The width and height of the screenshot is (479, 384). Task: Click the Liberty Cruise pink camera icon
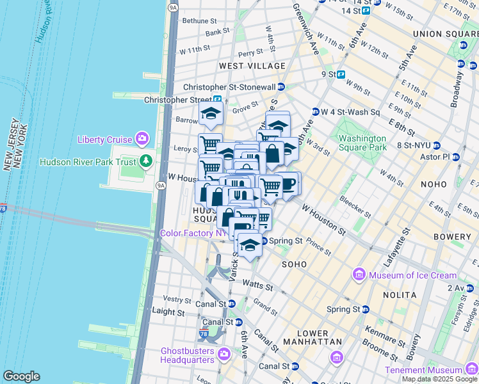142,139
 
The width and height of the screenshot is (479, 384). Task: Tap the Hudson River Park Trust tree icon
147,161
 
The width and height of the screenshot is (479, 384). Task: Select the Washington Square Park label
362,143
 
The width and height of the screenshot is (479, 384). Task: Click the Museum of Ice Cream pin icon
359,275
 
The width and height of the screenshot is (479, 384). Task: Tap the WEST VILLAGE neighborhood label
252,66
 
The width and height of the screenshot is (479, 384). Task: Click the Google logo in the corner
20,376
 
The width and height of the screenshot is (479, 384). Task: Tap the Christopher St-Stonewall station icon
290,87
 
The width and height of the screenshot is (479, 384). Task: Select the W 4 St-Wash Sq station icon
315,112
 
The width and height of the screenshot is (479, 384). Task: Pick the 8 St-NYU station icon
437,145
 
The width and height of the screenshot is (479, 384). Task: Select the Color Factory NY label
193,234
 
